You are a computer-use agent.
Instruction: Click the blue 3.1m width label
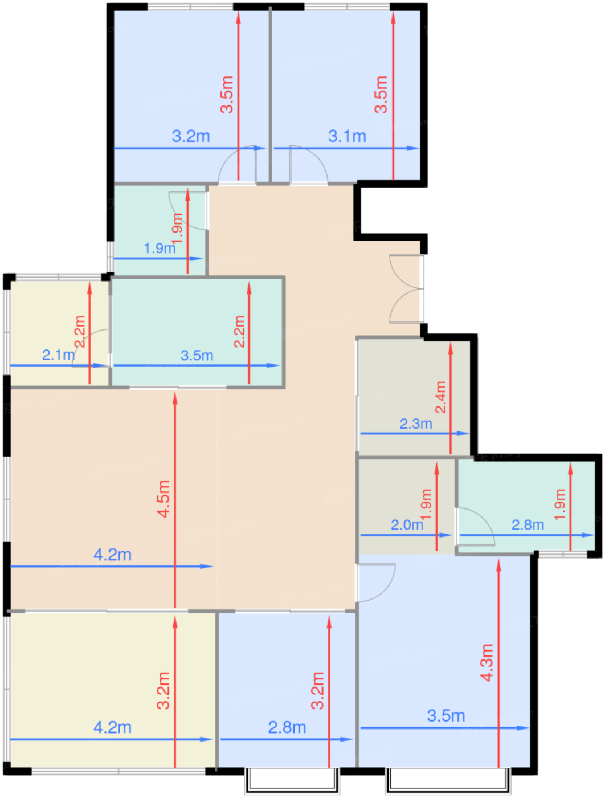(346, 136)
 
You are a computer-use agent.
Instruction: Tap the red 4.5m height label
(163, 498)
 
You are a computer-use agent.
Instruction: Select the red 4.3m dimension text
(487, 662)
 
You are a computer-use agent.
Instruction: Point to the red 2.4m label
(440, 397)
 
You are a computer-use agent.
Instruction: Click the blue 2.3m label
(416, 424)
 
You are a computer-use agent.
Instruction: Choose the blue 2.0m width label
(407, 524)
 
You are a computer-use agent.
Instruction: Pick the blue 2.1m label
(58, 355)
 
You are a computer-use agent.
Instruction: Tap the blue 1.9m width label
(160, 249)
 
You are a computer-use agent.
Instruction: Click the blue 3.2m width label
(191, 136)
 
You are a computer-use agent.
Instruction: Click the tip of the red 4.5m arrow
(175, 393)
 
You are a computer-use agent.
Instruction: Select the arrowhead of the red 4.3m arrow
(498, 560)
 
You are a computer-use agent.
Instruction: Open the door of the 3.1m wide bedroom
(308, 164)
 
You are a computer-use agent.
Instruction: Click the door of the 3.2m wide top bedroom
(238, 164)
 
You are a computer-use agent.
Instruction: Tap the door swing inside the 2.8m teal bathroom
(475, 526)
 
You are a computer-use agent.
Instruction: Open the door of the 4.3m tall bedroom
(376, 583)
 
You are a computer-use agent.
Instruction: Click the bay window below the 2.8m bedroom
(292, 779)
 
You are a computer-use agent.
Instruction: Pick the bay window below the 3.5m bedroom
(448, 779)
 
